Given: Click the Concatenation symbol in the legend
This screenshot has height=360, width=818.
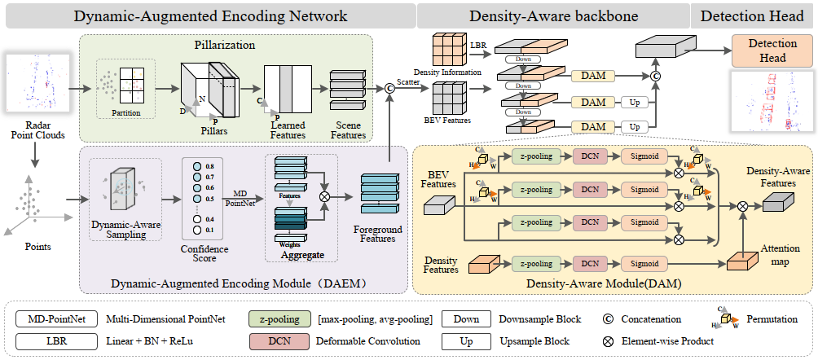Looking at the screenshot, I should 608,318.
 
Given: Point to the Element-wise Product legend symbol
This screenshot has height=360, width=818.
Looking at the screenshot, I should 608,340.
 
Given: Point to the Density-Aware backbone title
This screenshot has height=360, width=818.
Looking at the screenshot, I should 552,15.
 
